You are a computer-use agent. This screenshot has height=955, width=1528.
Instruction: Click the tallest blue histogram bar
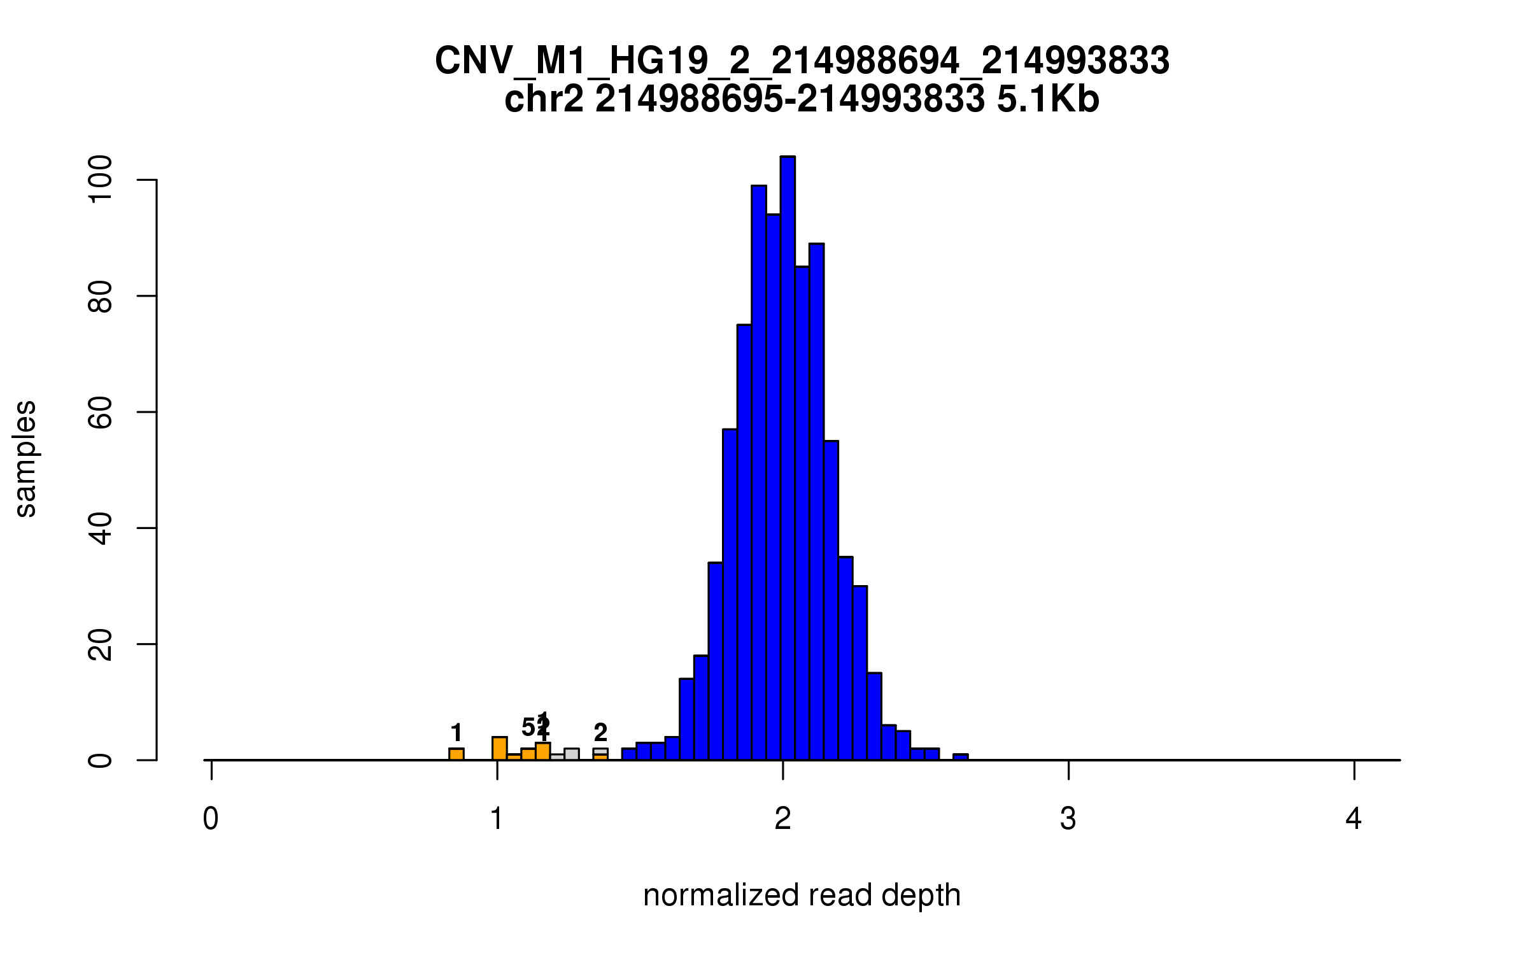click(788, 458)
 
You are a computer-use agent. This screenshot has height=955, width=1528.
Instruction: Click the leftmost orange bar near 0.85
click(456, 754)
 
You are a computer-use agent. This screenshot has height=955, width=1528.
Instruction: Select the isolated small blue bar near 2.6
click(960, 757)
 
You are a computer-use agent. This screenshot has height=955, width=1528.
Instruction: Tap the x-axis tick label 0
click(211, 819)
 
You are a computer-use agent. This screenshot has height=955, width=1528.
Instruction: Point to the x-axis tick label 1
click(497, 819)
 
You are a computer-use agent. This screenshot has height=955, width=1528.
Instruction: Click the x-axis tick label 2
click(782, 819)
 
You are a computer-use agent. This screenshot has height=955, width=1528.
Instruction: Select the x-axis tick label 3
click(1068, 819)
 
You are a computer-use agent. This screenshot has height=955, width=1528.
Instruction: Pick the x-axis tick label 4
click(1354, 819)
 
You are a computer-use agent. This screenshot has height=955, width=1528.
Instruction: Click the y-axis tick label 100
click(101, 180)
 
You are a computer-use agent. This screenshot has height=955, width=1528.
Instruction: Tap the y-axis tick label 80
click(101, 296)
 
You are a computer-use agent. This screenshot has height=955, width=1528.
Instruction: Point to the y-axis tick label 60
click(101, 412)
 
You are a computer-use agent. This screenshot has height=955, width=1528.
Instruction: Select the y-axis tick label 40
click(101, 528)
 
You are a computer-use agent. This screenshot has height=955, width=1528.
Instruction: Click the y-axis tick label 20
click(101, 644)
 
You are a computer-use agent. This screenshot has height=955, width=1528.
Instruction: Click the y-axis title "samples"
click(25, 458)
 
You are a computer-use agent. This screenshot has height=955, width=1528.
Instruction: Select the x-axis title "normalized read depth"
click(802, 895)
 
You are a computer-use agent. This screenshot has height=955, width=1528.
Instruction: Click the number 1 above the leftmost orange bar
click(456, 733)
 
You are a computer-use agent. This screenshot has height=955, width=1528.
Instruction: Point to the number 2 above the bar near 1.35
click(600, 733)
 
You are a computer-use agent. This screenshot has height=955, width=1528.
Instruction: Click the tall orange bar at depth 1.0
click(500, 748)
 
